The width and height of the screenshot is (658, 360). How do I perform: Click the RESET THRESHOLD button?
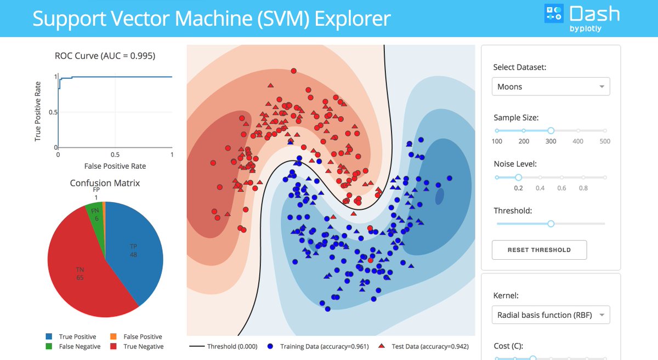pyautogui.click(x=539, y=250)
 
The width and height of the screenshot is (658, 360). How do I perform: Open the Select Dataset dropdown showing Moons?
pyautogui.click(x=551, y=87)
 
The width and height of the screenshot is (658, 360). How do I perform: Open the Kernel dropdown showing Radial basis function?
pyautogui.click(x=551, y=315)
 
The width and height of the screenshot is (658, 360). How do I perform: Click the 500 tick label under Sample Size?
pyautogui.click(x=604, y=141)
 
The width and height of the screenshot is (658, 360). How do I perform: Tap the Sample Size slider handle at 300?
pyautogui.click(x=551, y=130)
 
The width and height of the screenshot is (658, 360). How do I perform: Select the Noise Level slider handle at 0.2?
pyautogui.click(x=518, y=177)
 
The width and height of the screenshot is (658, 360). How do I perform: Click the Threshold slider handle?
pyautogui.click(x=551, y=224)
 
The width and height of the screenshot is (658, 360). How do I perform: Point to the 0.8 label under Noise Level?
pyautogui.click(x=583, y=188)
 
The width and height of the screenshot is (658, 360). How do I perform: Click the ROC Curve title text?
pyautogui.click(x=105, y=56)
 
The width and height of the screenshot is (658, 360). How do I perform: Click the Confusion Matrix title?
pyautogui.click(x=105, y=183)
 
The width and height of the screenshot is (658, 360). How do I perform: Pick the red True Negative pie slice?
pyautogui.click(x=82, y=274)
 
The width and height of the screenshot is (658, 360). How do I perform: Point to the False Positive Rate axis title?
pyautogui.click(x=115, y=165)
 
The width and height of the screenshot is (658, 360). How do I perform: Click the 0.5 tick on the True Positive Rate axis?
pyautogui.click(x=51, y=112)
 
